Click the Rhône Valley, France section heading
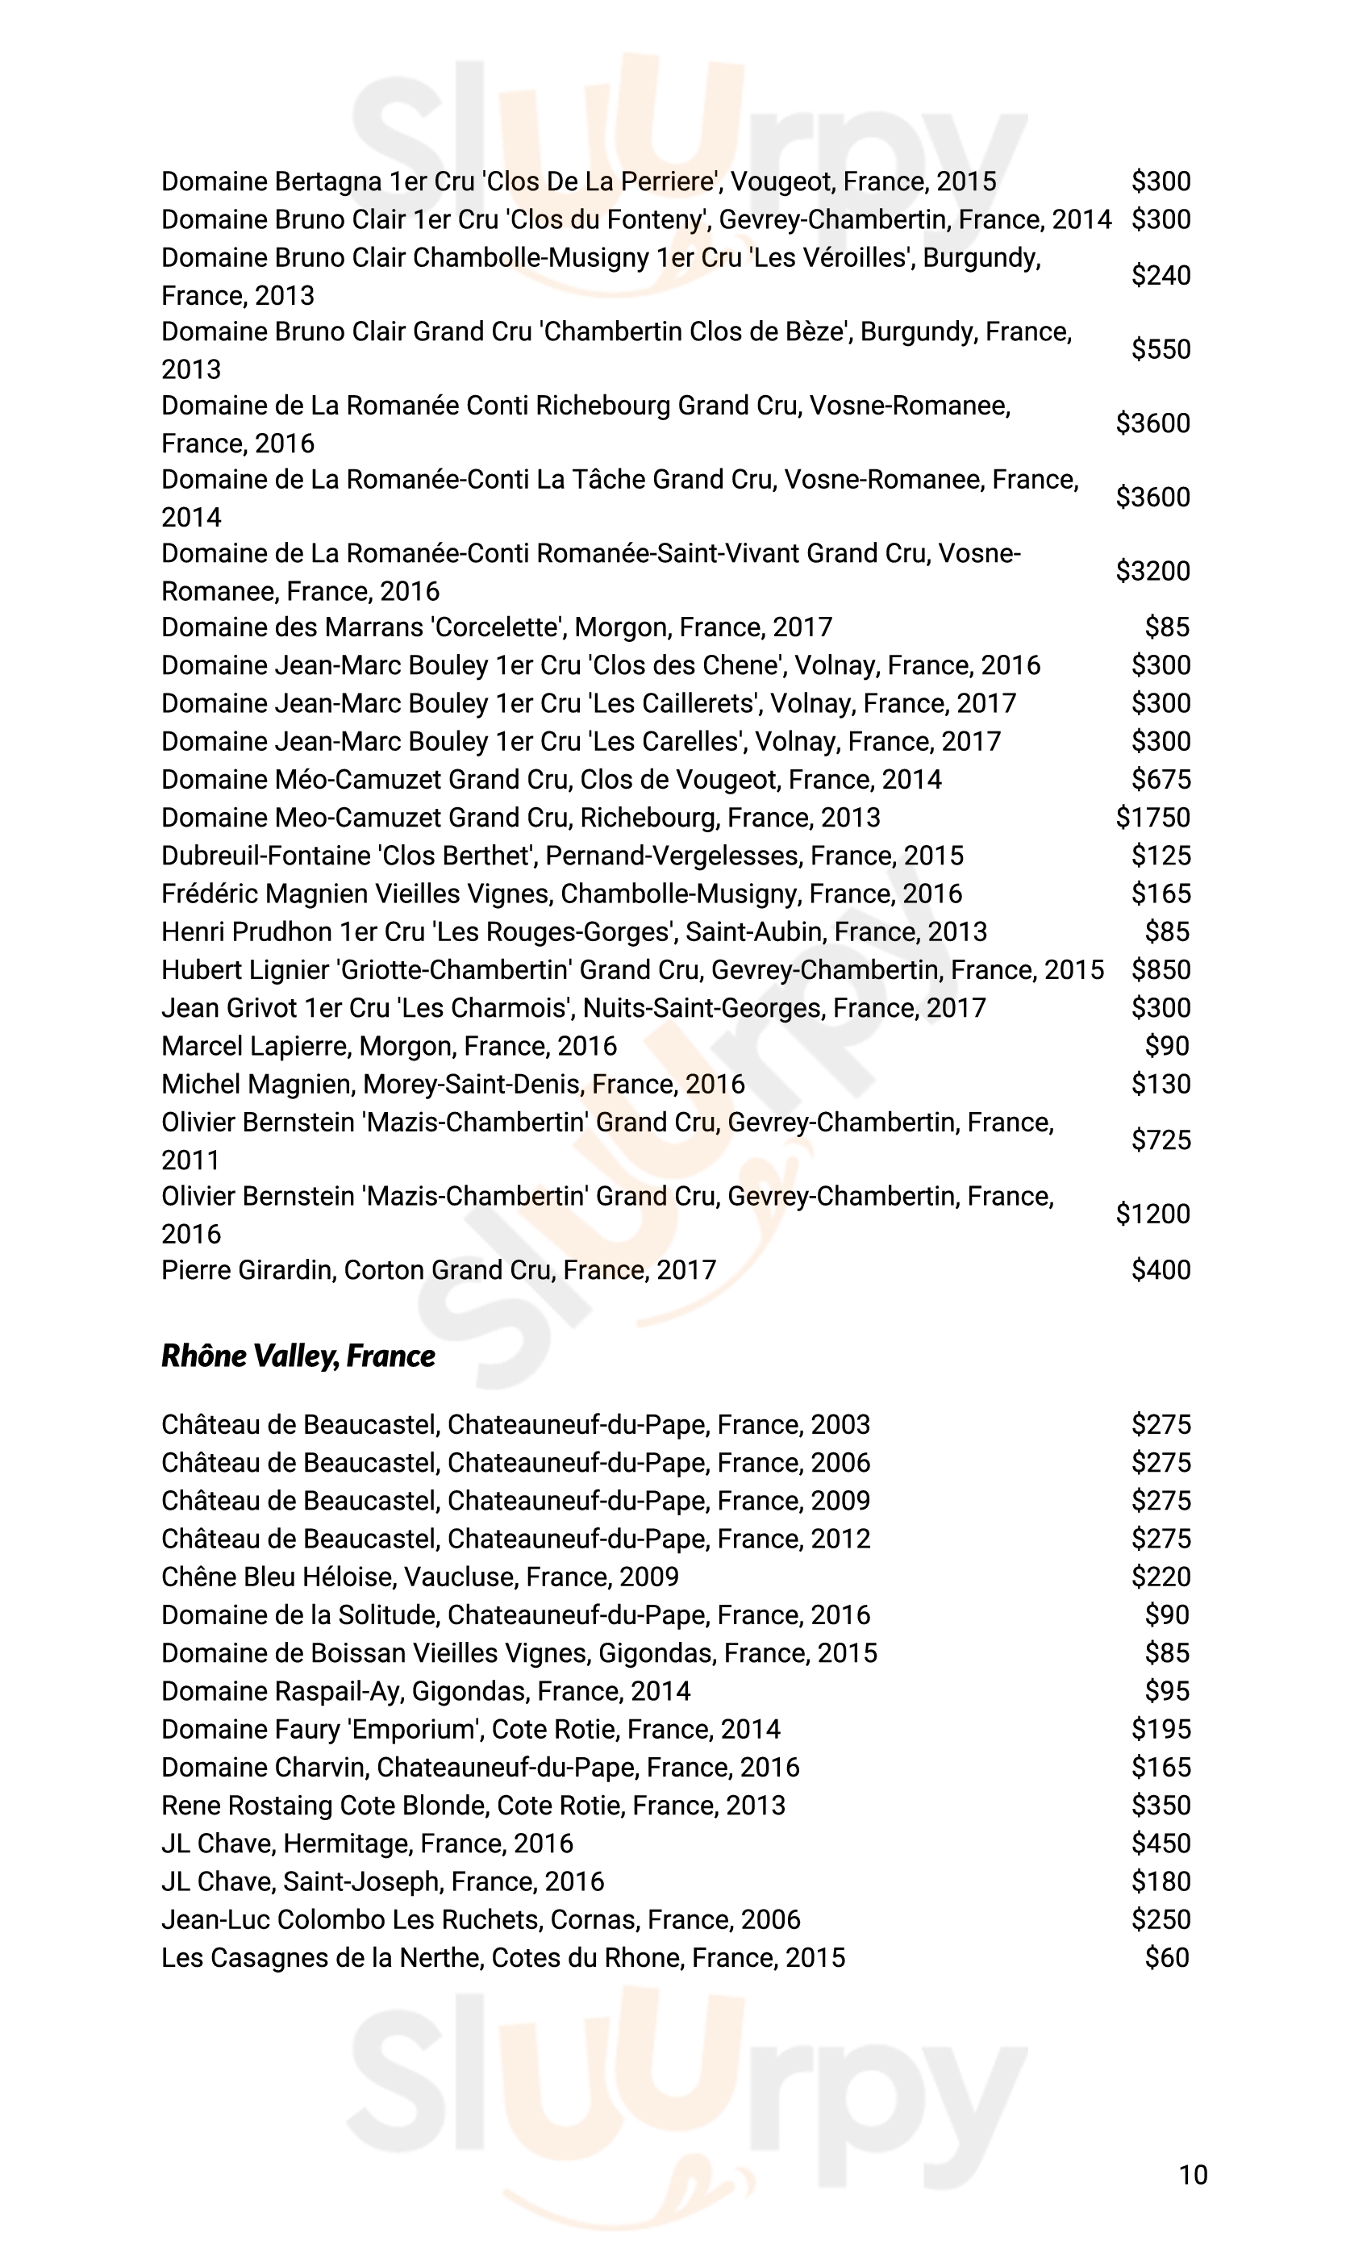tap(298, 1356)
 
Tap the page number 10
tap(1192, 2176)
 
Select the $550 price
tap(1161, 349)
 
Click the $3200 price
tap(1153, 571)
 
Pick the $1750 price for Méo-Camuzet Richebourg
tap(1153, 818)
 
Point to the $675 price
tap(1161, 779)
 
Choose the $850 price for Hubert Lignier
tap(1161, 969)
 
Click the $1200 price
tap(1153, 1214)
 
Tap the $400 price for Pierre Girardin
tap(1161, 1270)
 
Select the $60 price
tap(1167, 1957)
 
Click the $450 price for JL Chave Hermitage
tap(1161, 1843)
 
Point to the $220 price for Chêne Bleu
tap(1161, 1577)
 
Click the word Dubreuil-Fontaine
tap(266, 855)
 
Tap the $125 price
tap(1161, 855)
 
